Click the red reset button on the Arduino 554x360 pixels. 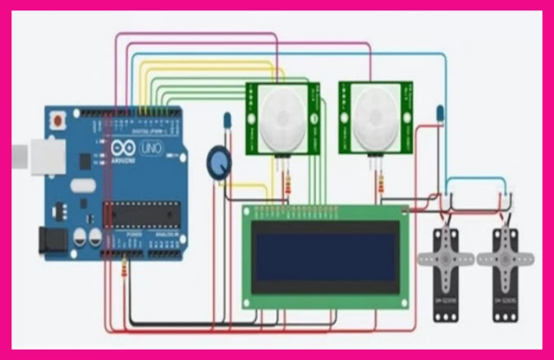pyautogui.click(x=58, y=119)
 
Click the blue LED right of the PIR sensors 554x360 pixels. pyautogui.click(x=441, y=112)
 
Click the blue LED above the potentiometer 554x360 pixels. pyautogui.click(x=227, y=119)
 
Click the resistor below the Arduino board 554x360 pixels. pyautogui.click(x=127, y=271)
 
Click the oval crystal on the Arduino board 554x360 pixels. pyautogui.click(x=81, y=184)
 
